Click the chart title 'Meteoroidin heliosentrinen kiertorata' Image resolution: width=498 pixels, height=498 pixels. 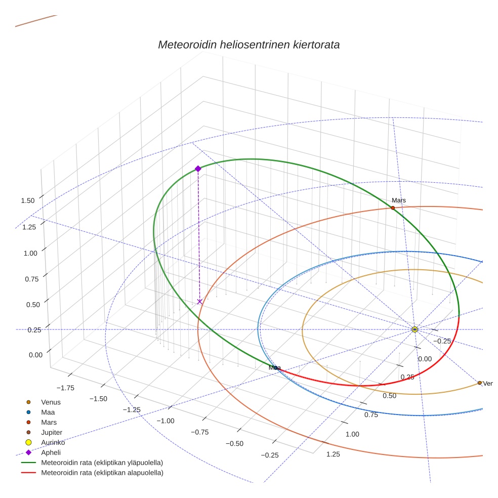(x=248, y=45)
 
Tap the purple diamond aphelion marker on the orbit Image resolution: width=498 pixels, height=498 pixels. (x=198, y=169)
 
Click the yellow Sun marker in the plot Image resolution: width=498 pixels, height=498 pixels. (x=414, y=329)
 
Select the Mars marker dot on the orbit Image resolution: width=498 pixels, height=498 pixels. (x=393, y=208)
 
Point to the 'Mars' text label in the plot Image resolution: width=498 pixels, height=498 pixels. (x=398, y=200)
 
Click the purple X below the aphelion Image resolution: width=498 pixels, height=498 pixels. (x=199, y=302)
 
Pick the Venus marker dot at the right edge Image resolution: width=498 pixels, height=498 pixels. (x=479, y=383)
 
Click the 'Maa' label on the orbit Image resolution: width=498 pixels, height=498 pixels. (x=275, y=368)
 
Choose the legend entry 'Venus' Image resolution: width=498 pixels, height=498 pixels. (x=51, y=402)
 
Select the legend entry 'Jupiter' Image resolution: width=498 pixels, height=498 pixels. (x=53, y=432)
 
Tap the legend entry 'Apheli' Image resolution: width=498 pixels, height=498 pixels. (x=51, y=452)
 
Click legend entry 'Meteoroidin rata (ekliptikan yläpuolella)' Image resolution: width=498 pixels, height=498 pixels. (x=102, y=463)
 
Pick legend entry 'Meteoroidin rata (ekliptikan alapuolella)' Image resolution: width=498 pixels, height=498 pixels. (x=102, y=473)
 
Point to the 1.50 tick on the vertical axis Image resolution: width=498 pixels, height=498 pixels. (x=28, y=200)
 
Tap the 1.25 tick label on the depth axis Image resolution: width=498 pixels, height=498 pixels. (x=333, y=454)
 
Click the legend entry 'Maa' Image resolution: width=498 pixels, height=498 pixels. (x=49, y=412)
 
